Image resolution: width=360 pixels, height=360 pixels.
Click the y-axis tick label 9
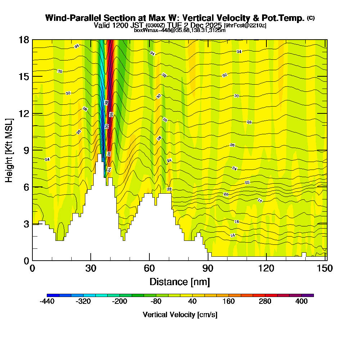26,150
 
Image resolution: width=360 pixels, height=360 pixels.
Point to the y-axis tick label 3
26,224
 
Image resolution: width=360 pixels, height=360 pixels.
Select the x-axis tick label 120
266,268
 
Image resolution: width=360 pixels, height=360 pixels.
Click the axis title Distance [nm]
180,281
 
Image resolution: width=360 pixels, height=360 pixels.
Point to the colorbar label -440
47,302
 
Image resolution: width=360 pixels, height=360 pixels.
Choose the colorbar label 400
302,302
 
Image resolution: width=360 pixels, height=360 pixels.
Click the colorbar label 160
229,302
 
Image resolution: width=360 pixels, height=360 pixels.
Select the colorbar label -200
120,302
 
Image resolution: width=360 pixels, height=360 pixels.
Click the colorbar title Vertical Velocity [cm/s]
180,315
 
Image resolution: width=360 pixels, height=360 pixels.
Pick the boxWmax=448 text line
180,30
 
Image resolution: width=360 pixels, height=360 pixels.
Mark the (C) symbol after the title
311,18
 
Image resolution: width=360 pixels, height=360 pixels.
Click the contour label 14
233,235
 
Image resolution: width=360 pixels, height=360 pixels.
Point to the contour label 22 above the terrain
169,189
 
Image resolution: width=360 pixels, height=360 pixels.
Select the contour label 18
260,200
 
